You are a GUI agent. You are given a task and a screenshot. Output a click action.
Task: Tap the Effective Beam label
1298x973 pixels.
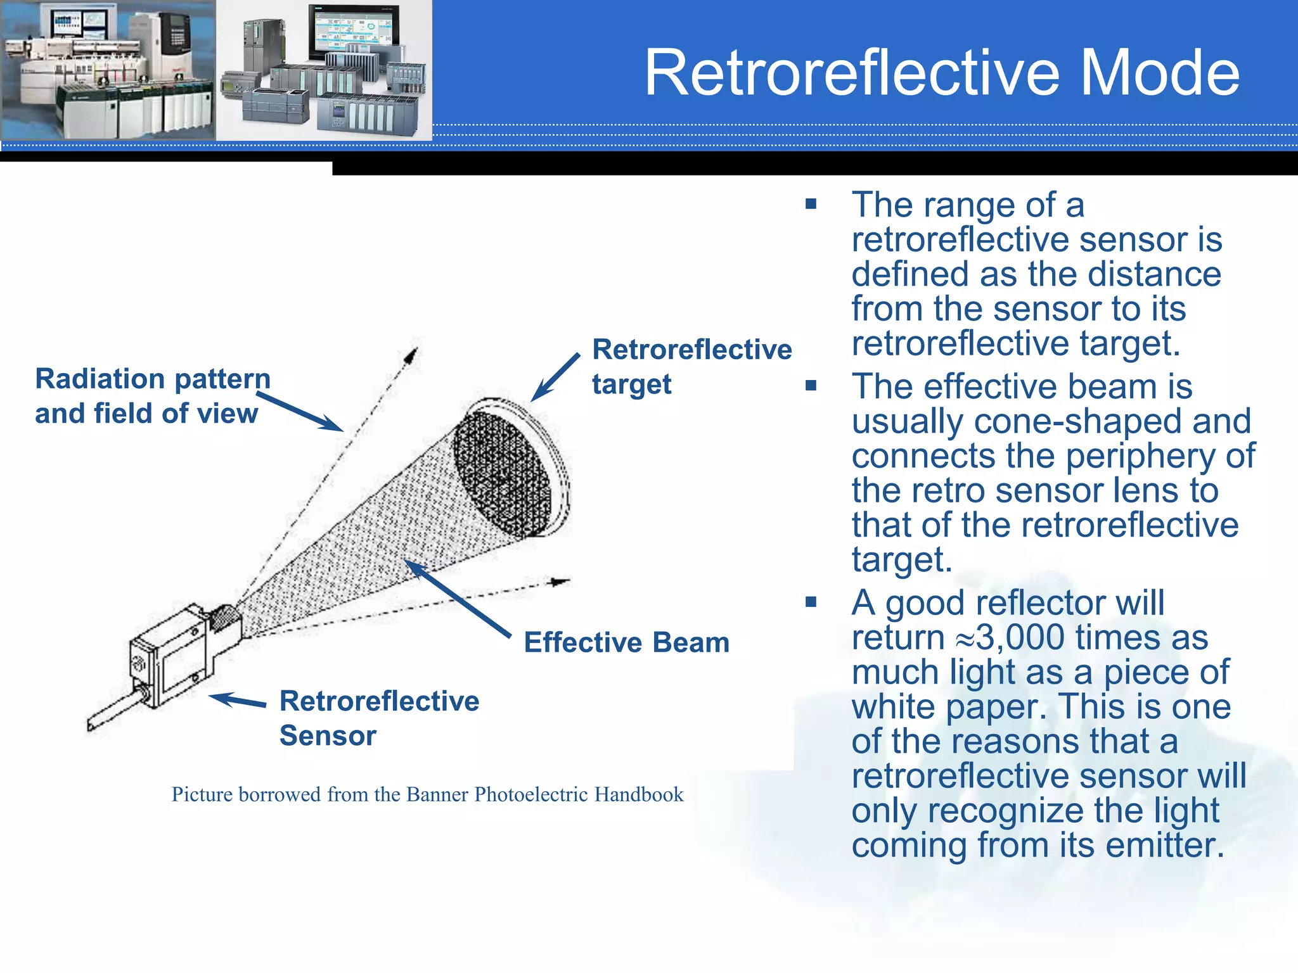tap(626, 642)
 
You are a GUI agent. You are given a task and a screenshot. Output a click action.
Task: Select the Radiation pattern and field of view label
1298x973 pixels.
tap(152, 396)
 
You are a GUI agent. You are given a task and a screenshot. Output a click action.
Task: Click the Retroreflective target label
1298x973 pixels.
tap(691, 366)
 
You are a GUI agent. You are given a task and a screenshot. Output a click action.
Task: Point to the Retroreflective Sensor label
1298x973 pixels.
tap(378, 718)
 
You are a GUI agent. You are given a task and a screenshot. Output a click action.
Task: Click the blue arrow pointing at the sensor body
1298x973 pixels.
tap(238, 701)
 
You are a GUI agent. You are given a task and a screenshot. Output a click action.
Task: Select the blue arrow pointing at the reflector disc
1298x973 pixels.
tap(555, 378)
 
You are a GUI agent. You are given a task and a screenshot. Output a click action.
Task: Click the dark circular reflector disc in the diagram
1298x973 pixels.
tap(502, 474)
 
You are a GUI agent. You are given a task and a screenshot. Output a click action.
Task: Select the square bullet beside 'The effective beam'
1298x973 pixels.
tap(811, 386)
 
